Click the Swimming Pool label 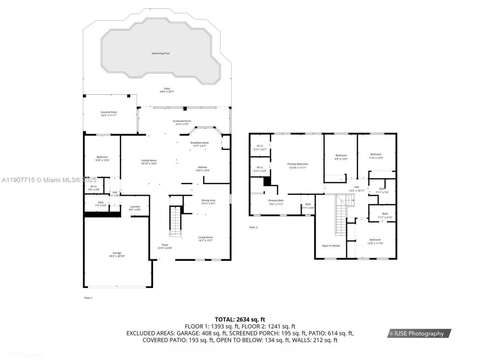point(160,54)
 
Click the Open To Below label point(331,246)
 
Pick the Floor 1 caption point(88,298)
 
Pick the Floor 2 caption point(253,227)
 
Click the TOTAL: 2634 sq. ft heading point(240,319)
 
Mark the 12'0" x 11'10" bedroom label point(375,241)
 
